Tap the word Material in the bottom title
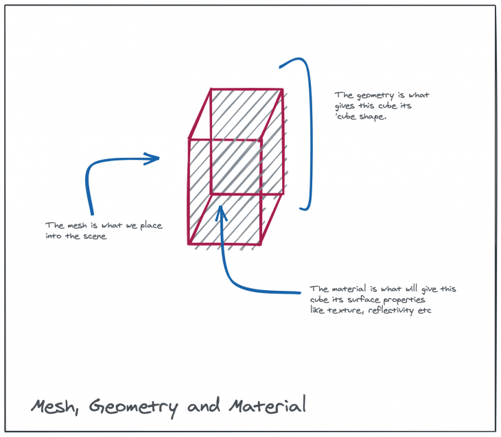[x=267, y=405]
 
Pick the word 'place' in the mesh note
[x=150, y=226]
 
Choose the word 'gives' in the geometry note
[x=348, y=106]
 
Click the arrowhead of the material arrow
[x=220, y=209]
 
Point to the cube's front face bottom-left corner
[x=189, y=243]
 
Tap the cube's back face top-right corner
[x=282, y=89]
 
